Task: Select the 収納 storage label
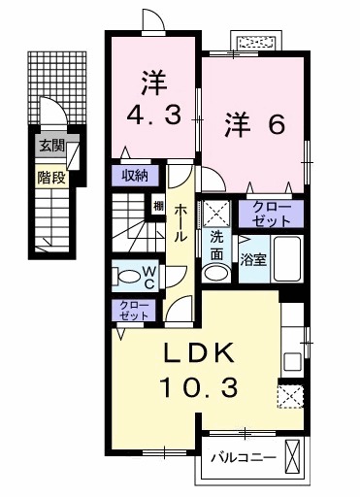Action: pyautogui.click(x=135, y=175)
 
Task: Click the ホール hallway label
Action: pyautogui.click(x=181, y=223)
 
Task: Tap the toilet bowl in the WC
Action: pyautogui.click(x=123, y=277)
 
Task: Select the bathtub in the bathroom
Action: pyautogui.click(x=287, y=257)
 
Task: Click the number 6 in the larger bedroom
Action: pyautogui.click(x=275, y=127)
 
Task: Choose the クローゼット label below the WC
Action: pyautogui.click(x=129, y=311)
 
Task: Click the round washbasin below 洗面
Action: pyautogui.click(x=218, y=271)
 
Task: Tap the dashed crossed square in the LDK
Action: pyautogui.click(x=289, y=398)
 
